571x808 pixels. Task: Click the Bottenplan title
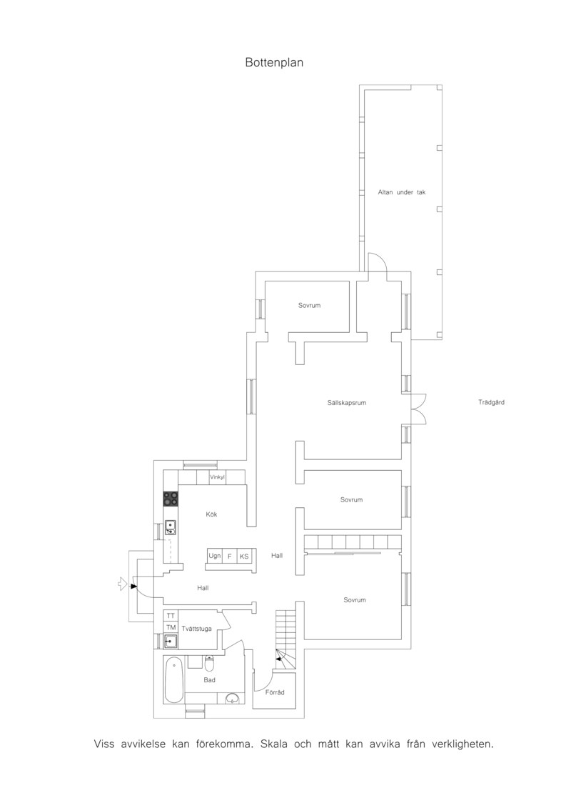point(274,63)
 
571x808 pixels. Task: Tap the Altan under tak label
point(402,192)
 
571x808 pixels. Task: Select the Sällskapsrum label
point(346,403)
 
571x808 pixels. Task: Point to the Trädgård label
point(491,402)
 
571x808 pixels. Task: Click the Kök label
point(211,514)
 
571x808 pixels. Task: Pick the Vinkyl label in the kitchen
point(217,478)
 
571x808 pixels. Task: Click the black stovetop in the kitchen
point(171,498)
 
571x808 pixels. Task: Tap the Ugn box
point(215,556)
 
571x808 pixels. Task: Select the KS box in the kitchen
point(244,557)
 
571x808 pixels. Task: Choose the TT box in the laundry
point(171,616)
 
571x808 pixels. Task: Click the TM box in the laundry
point(171,628)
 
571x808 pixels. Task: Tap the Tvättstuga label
point(196,629)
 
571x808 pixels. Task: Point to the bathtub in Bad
point(173,679)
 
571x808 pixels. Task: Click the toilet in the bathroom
point(209,663)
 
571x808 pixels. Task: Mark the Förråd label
point(275,692)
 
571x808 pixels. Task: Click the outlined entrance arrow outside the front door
point(122,584)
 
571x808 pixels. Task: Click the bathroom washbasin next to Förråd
point(233,699)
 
